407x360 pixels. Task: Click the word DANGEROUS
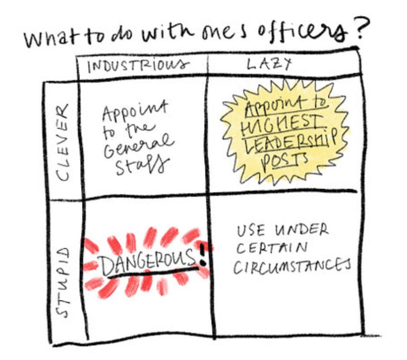click(148, 264)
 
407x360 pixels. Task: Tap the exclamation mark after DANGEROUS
click(203, 257)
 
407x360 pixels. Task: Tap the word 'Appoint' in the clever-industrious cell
click(134, 111)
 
